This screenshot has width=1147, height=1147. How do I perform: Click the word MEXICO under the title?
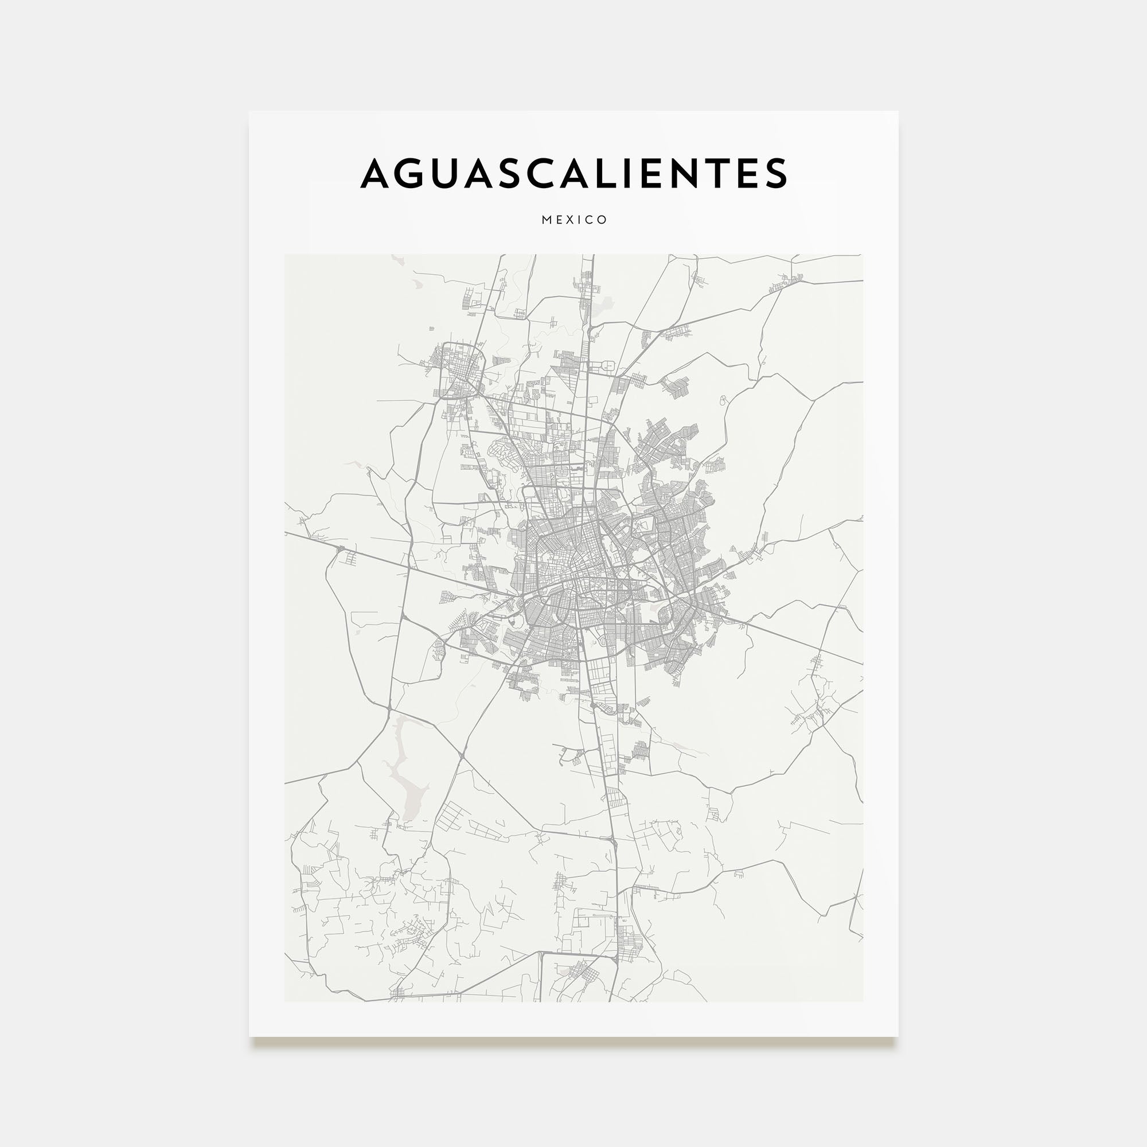(574, 220)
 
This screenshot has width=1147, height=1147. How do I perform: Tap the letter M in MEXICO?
(547, 220)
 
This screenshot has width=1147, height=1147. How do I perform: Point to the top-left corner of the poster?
(249, 112)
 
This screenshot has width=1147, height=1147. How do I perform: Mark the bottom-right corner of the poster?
(898, 1037)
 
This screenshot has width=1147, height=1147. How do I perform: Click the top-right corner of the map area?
(863, 255)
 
